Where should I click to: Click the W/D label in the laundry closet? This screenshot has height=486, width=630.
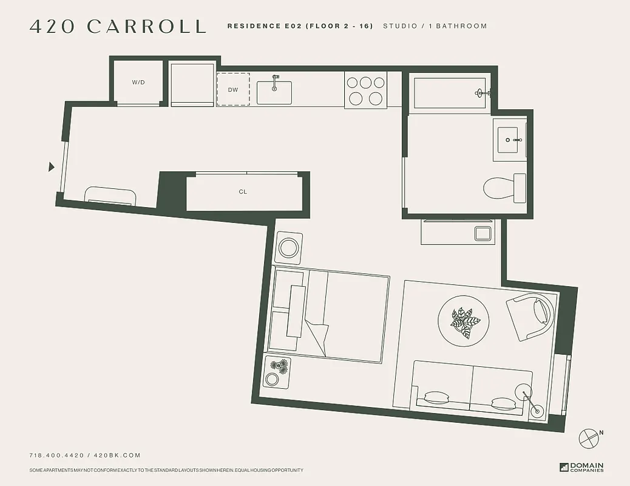click(x=138, y=82)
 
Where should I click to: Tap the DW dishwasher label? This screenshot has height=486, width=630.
click(x=233, y=89)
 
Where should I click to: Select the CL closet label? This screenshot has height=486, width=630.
click(x=243, y=192)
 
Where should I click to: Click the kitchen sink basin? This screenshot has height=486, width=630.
click(x=274, y=93)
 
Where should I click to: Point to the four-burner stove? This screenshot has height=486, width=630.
click(x=365, y=90)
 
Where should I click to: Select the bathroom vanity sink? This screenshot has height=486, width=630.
click(x=509, y=140)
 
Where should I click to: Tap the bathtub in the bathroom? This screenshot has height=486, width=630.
click(x=448, y=93)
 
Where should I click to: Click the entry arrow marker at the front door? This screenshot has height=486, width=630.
click(x=52, y=166)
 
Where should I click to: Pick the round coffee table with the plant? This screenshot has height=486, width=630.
click(x=464, y=321)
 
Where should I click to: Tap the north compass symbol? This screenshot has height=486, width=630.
click(x=589, y=438)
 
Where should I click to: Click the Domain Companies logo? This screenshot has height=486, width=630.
click(x=581, y=467)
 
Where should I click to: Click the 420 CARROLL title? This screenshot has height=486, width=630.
click(x=118, y=26)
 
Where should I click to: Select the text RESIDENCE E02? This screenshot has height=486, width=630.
click(x=263, y=26)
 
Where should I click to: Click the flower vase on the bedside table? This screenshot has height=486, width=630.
click(x=279, y=366)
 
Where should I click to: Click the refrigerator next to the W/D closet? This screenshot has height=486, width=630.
click(x=192, y=83)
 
